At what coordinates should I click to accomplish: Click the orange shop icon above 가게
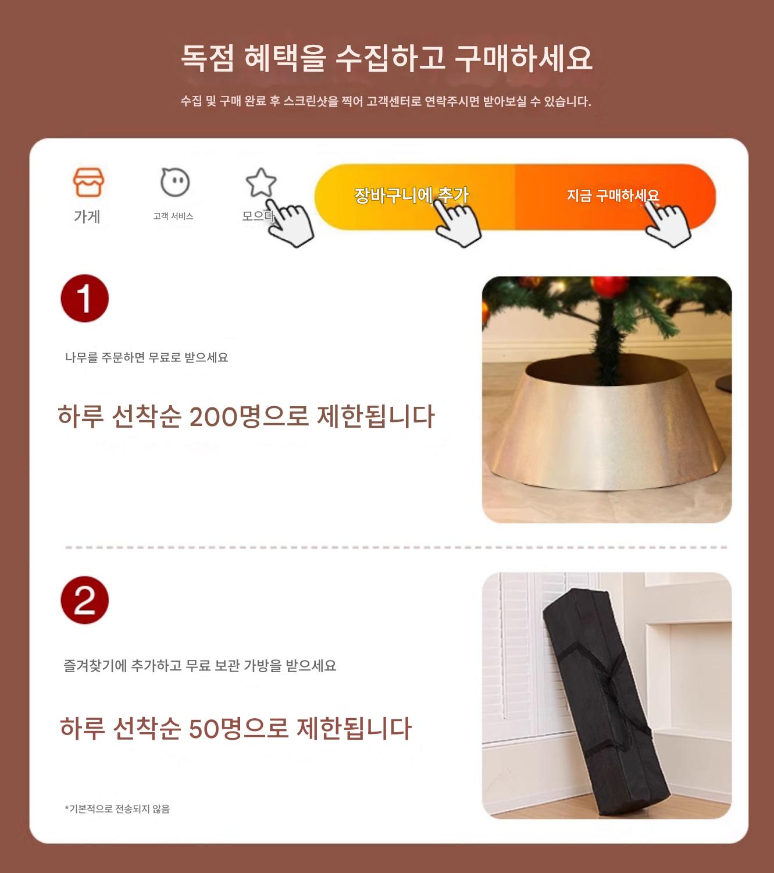coord(88,182)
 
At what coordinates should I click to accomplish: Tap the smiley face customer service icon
coord(175,182)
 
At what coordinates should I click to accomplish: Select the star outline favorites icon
coord(261,182)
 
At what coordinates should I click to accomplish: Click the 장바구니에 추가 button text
coord(411,196)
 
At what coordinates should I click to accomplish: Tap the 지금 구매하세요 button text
coord(612,196)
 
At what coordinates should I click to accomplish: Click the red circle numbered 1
coord(85,298)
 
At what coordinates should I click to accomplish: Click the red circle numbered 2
coord(85,600)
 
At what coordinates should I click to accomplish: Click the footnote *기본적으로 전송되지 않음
coord(117,809)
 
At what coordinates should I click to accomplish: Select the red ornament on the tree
coord(609,285)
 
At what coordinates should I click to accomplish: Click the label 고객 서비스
coord(173,216)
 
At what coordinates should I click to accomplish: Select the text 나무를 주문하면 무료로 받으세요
coord(147,357)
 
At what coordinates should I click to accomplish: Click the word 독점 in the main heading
coord(207,58)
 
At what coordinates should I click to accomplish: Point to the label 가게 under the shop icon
coord(87,216)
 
